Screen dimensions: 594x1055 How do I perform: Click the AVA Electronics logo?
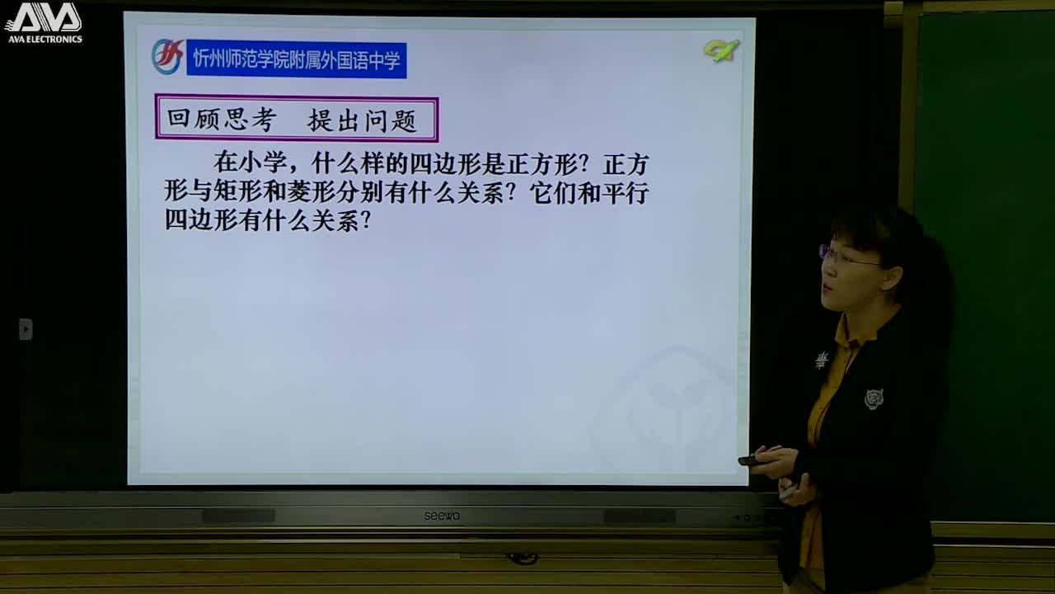coord(44,22)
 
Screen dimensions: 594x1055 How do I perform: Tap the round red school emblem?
coord(167,58)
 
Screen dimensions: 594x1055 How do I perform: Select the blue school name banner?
coord(296,60)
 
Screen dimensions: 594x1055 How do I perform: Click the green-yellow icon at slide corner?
coord(720,51)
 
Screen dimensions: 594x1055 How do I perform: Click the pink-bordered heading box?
coord(296,120)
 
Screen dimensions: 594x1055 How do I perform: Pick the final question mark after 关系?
coord(366,221)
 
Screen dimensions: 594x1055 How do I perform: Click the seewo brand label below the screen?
coord(442,516)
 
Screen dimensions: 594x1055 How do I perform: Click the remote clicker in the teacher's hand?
coord(753,460)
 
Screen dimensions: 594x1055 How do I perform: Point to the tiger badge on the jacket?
coord(874,399)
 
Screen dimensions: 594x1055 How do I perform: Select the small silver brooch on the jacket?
coord(822,360)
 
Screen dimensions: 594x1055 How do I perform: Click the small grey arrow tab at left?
coord(26,329)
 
